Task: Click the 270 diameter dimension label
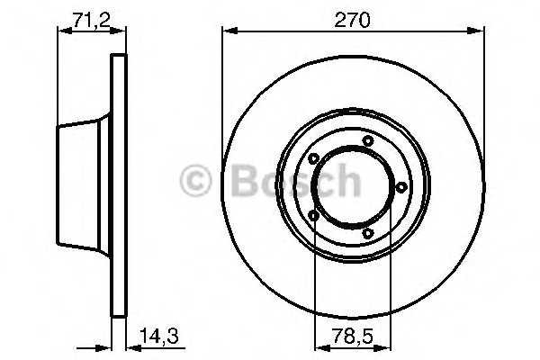[x=352, y=20]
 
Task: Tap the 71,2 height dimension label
[x=92, y=20]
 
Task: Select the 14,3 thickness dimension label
[x=159, y=336]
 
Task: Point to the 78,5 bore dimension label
[x=352, y=336]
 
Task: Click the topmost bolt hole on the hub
[x=368, y=141]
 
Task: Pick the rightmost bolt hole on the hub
[x=401, y=187]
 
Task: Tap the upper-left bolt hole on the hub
[x=313, y=158]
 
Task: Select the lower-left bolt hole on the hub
[x=313, y=216]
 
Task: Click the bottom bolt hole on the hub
[x=368, y=234]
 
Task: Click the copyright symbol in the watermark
[x=195, y=181]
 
